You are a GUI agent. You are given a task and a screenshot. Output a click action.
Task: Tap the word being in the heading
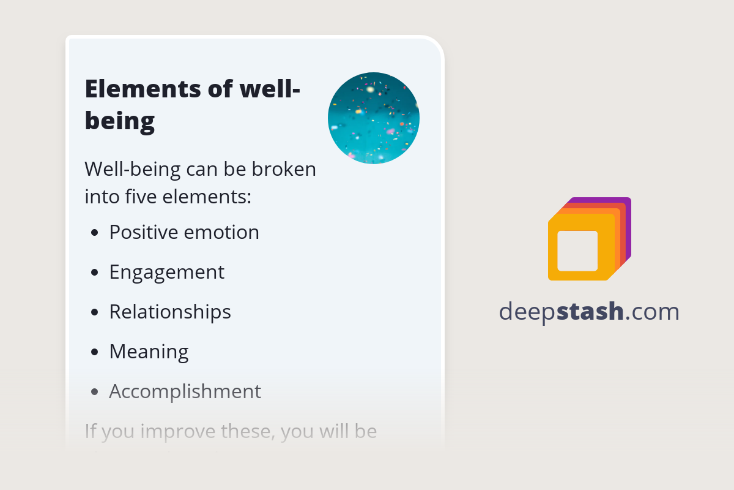(120, 121)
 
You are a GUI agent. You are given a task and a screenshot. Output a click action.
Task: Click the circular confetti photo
(374, 118)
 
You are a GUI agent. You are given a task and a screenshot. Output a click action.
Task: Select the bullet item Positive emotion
(183, 232)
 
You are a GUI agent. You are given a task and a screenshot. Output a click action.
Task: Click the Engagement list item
(166, 272)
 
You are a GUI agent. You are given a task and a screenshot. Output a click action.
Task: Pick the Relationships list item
(170, 312)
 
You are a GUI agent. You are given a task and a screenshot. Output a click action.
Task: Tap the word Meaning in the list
(149, 352)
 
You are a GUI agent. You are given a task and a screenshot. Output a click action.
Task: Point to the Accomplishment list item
(185, 391)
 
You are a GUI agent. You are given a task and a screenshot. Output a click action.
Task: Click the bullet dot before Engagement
(94, 273)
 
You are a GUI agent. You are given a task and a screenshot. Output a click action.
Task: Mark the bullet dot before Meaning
(94, 352)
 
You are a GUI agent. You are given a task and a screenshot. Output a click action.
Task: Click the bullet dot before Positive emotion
(94, 233)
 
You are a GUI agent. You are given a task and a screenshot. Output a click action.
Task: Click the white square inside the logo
(577, 251)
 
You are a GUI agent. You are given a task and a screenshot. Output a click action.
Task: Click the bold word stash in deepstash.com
(590, 312)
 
